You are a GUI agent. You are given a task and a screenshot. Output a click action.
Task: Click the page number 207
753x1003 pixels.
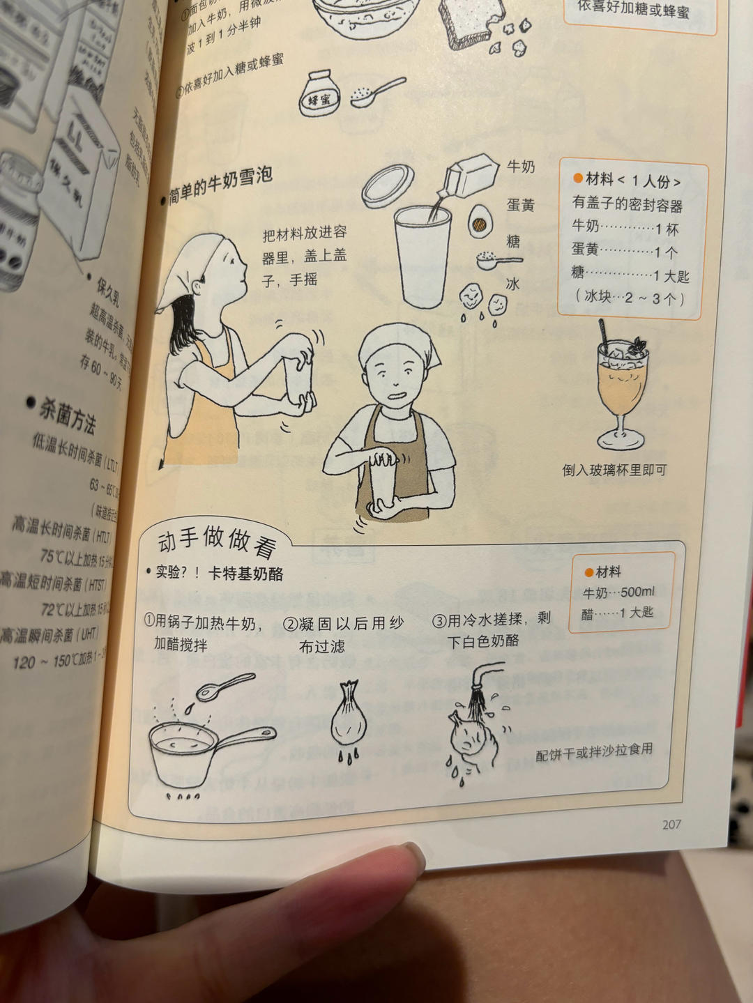671,824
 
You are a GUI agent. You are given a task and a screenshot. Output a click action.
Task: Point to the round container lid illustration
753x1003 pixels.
388,185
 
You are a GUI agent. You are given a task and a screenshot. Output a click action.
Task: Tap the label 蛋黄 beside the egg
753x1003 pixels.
520,205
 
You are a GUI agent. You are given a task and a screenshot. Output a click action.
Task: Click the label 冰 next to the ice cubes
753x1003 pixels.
513,284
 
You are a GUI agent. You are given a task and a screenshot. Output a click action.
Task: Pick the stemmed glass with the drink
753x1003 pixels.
621,386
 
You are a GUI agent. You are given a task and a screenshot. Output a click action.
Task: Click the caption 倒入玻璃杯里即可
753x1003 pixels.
614,470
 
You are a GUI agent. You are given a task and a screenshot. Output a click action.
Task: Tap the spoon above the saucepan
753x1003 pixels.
225,686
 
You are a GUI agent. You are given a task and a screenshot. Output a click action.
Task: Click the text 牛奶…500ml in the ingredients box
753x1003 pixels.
618,592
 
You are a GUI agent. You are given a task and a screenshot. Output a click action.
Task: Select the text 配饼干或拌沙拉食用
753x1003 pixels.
594,751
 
